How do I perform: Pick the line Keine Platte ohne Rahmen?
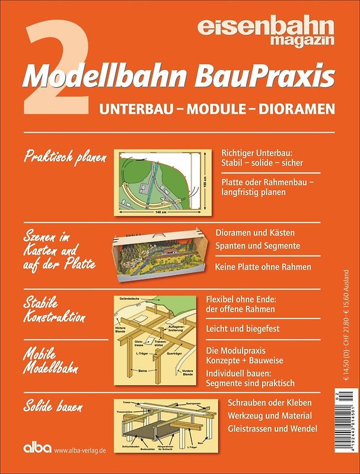coord(264,267)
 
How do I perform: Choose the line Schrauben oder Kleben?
coord(270,403)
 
